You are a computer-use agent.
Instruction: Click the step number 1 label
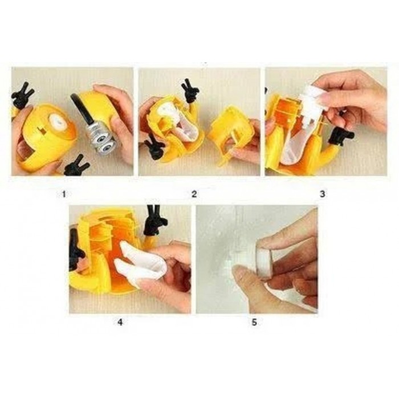pos(64,194)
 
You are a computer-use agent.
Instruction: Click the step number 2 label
pos(194,194)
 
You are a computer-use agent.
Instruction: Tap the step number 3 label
pos(323,194)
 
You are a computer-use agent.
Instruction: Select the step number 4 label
pos(120,323)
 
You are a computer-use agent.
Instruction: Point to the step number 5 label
pos(254,323)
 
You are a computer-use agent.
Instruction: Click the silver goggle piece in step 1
pos(102,138)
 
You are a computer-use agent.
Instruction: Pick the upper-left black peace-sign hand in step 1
pos(22,95)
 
